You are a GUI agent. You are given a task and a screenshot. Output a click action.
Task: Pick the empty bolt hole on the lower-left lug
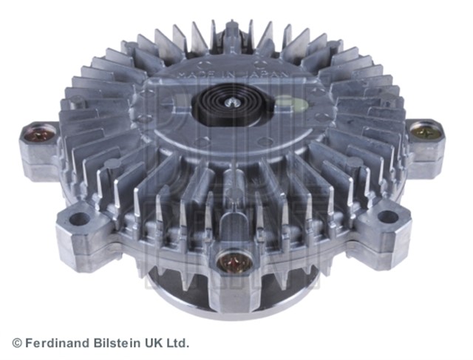(x=80, y=219)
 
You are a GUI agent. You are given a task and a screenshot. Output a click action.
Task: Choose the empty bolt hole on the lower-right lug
(x=388, y=217)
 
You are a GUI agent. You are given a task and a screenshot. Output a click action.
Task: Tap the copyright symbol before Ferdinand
(x=17, y=343)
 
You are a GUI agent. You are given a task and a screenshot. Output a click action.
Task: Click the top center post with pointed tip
(x=232, y=33)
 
